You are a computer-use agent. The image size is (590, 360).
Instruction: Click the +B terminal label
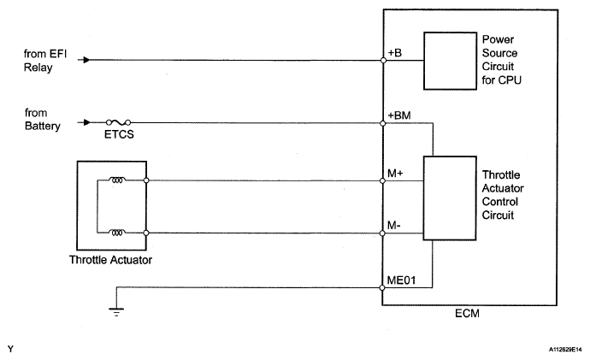point(395,52)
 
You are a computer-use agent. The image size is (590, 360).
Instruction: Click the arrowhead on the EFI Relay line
point(85,61)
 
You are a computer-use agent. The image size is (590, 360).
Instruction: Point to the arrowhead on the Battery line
point(85,123)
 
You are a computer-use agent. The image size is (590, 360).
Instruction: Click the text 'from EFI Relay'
point(40,59)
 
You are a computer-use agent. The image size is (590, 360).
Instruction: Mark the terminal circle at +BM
point(384,123)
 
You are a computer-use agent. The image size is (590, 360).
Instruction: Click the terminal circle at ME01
point(384,286)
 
